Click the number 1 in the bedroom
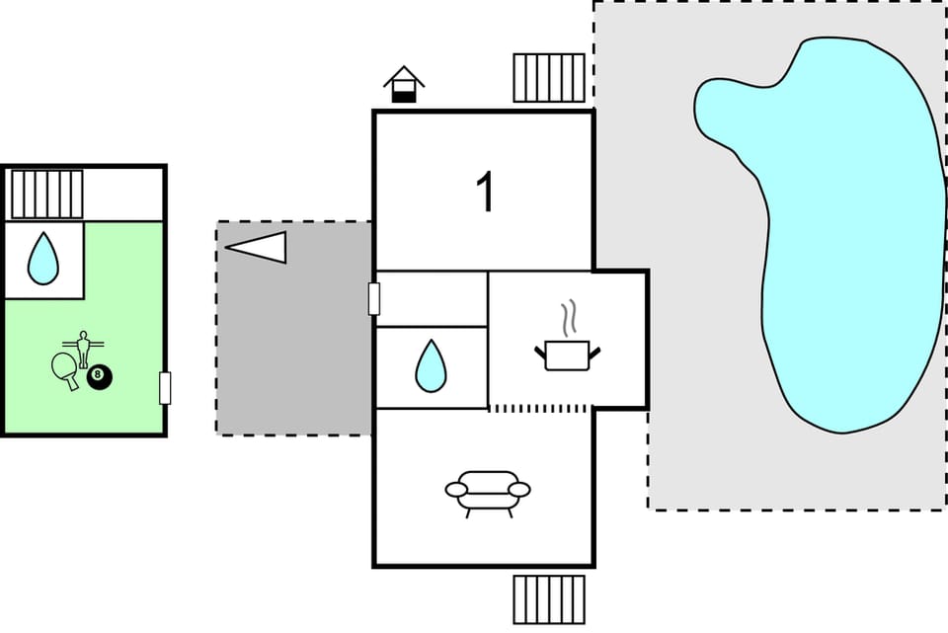click(x=485, y=192)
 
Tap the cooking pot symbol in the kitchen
click(x=567, y=355)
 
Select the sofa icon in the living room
click(x=488, y=491)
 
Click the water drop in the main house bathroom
click(x=431, y=365)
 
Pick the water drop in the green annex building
click(x=42, y=258)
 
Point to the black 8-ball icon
click(x=100, y=376)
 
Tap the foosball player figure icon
click(x=84, y=348)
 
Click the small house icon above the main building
click(x=404, y=84)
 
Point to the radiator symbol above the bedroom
click(x=549, y=78)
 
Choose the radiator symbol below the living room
click(x=549, y=599)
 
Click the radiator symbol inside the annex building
click(x=46, y=194)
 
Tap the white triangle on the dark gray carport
click(x=258, y=247)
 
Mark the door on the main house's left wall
click(x=374, y=298)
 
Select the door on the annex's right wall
click(x=165, y=388)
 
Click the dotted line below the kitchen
click(x=540, y=408)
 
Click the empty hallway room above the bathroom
click(x=433, y=298)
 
